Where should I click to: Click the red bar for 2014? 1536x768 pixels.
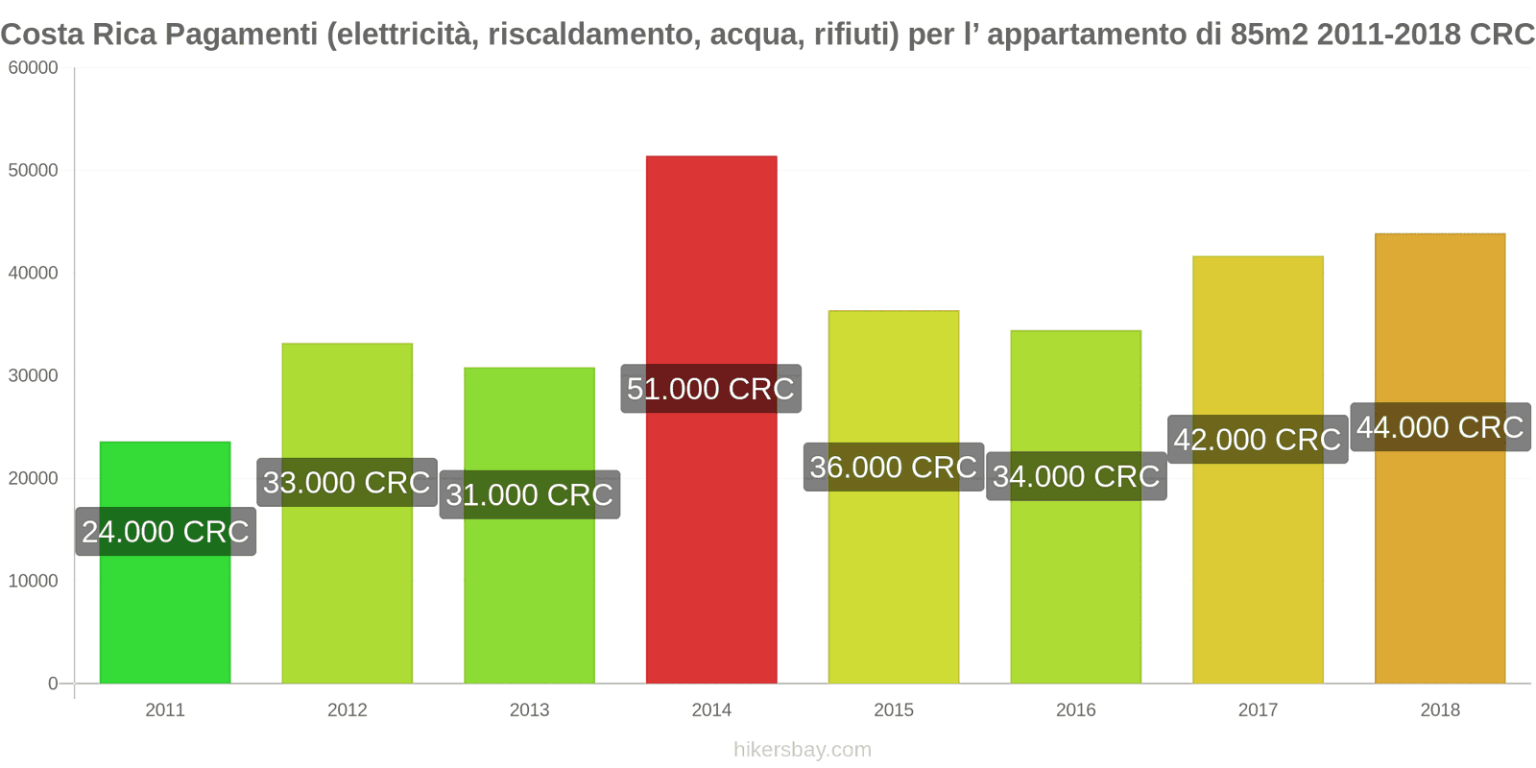click(x=711, y=538)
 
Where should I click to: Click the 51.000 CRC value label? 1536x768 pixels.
click(x=710, y=389)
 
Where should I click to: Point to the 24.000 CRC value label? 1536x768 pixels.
click(x=165, y=532)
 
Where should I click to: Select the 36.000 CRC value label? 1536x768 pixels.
click(x=893, y=468)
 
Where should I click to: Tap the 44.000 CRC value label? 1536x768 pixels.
click(x=1440, y=427)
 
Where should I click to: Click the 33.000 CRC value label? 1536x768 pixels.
click(x=347, y=482)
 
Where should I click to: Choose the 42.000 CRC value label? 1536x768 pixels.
click(x=1258, y=440)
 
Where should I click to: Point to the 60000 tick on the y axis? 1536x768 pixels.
click(x=34, y=68)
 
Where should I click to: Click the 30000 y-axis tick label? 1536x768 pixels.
click(x=34, y=376)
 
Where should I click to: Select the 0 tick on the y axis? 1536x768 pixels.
click(x=53, y=684)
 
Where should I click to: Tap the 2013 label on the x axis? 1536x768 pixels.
click(x=529, y=710)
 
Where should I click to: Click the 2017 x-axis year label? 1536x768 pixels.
click(x=1258, y=710)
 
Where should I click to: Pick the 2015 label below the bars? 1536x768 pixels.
click(x=894, y=710)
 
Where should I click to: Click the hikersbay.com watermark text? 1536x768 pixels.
click(x=803, y=750)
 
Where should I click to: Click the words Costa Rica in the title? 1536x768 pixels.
click(x=79, y=35)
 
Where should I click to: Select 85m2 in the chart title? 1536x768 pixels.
click(x=1268, y=35)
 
